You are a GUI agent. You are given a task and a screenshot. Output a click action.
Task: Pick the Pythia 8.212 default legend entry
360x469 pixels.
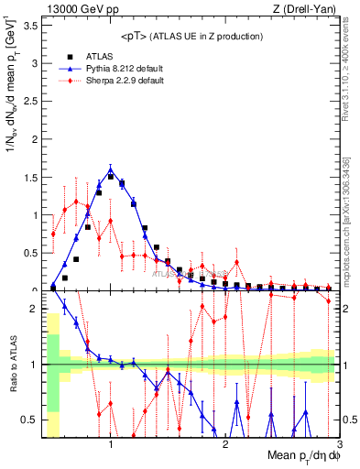click(119, 69)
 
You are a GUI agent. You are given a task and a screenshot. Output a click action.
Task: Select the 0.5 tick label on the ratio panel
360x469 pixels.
click(29, 420)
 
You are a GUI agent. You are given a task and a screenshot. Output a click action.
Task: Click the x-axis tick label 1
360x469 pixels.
click(111, 444)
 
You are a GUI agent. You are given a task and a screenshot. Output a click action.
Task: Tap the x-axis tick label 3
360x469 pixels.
click(338, 444)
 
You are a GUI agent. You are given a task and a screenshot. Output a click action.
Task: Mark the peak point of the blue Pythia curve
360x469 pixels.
click(111, 169)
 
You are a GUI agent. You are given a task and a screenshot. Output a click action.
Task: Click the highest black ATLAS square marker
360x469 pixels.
click(111, 177)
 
